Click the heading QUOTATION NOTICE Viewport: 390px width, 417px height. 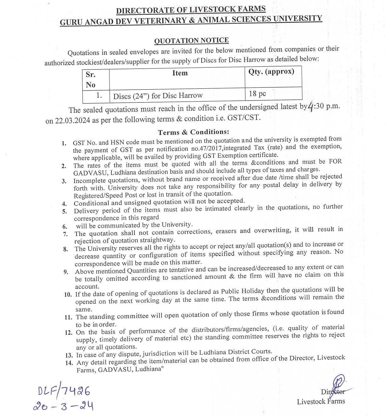click(x=191, y=41)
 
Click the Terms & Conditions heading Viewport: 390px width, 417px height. click(x=193, y=132)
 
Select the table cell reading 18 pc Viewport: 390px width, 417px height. click(x=257, y=93)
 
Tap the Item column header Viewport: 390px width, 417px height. click(x=180, y=73)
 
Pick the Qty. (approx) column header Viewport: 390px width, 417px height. click(x=271, y=71)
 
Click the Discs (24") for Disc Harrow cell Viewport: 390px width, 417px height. click(x=158, y=96)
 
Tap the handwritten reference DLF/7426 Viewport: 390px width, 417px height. click(x=64, y=391)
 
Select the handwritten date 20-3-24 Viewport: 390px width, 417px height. click(x=63, y=406)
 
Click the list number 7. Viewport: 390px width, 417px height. click(x=65, y=234)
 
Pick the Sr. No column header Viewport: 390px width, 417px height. click(x=91, y=80)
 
